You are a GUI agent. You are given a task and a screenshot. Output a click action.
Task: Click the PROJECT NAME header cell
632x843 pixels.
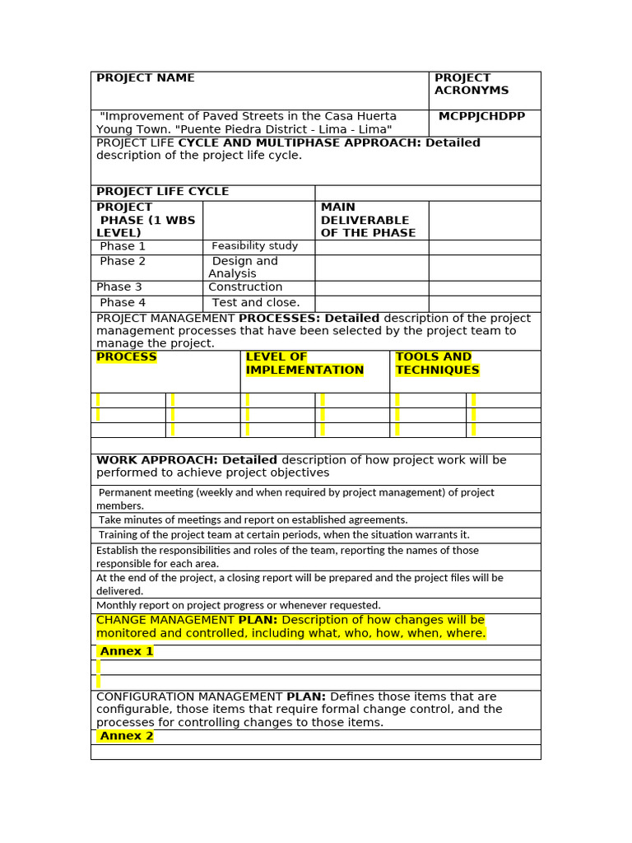click(x=146, y=78)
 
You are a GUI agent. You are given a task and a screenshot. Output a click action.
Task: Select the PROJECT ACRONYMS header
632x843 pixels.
click(x=472, y=84)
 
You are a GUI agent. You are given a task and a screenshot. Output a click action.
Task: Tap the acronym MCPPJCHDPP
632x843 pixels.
click(x=481, y=117)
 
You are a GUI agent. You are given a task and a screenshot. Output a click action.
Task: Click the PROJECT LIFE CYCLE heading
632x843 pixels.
click(x=163, y=192)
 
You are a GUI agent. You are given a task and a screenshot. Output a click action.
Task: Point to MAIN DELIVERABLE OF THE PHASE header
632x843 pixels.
click(x=365, y=220)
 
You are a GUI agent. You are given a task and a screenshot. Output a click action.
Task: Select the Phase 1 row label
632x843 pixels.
click(x=123, y=246)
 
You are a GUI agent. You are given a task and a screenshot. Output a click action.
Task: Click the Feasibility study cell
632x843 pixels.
click(x=254, y=246)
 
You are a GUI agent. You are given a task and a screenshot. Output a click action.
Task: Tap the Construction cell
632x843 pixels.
click(x=245, y=287)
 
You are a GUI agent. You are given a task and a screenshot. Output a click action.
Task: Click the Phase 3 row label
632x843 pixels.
click(x=119, y=287)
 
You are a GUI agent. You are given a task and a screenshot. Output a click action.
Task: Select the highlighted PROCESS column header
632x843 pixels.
click(x=127, y=357)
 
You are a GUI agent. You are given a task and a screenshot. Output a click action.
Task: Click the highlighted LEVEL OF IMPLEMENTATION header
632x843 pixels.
click(x=304, y=364)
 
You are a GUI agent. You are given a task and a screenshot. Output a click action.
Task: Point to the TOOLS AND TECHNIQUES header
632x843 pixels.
click(x=437, y=364)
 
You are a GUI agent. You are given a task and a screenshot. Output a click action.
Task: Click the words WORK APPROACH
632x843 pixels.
click(x=157, y=460)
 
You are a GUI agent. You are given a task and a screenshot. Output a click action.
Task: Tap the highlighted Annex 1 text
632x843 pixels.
click(x=127, y=652)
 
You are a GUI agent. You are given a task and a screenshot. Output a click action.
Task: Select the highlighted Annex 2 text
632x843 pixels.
click(x=127, y=736)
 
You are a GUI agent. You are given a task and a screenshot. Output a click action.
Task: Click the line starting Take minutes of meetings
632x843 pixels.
click(x=253, y=520)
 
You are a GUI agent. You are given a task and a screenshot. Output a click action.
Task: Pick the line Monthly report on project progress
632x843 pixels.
click(x=239, y=605)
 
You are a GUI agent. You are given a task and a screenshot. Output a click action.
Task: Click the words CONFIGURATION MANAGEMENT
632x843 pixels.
click(x=190, y=697)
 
